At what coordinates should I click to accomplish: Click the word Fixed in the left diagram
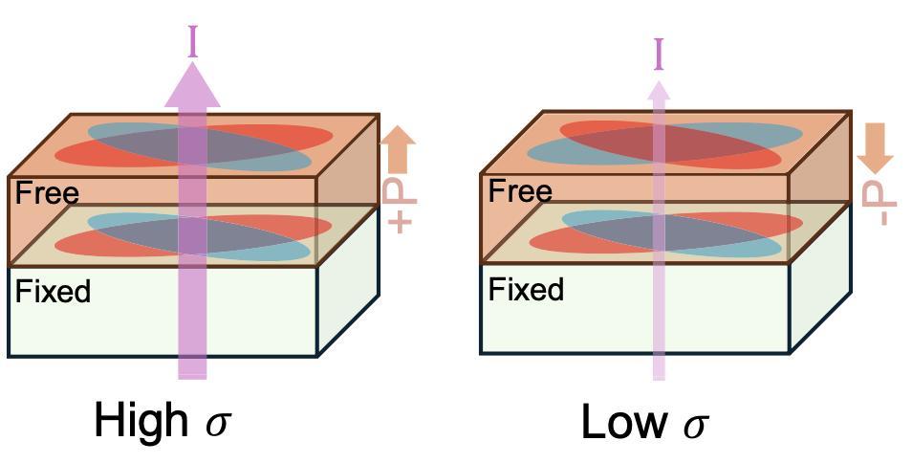click(54, 291)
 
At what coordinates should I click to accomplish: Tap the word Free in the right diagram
click(520, 191)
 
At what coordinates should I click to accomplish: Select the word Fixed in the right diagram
click(526, 289)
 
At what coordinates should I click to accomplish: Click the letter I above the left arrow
click(193, 42)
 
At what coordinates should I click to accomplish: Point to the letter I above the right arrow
click(658, 55)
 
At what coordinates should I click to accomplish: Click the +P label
click(401, 203)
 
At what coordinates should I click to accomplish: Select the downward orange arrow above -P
click(874, 148)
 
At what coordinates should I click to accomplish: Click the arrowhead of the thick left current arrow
click(193, 87)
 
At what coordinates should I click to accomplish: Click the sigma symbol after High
click(219, 424)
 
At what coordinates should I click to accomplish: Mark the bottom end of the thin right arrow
click(658, 375)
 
